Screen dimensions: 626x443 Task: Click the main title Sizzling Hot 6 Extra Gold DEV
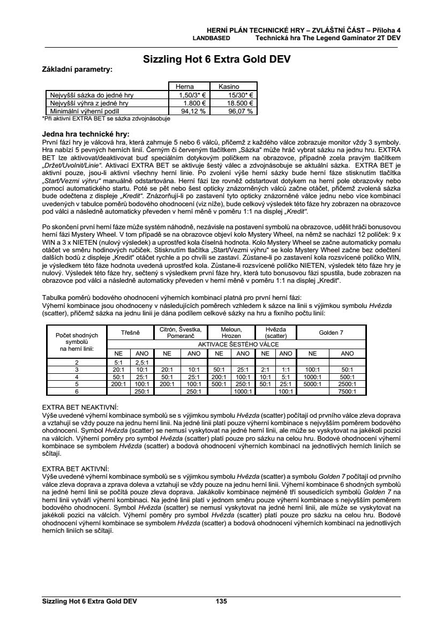tap(217, 60)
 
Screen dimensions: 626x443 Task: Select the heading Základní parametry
tap(77, 69)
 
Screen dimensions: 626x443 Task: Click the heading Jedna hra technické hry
tap(85, 134)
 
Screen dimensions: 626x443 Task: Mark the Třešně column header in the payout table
tap(130, 333)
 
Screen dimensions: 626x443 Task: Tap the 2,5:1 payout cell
tap(141, 362)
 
